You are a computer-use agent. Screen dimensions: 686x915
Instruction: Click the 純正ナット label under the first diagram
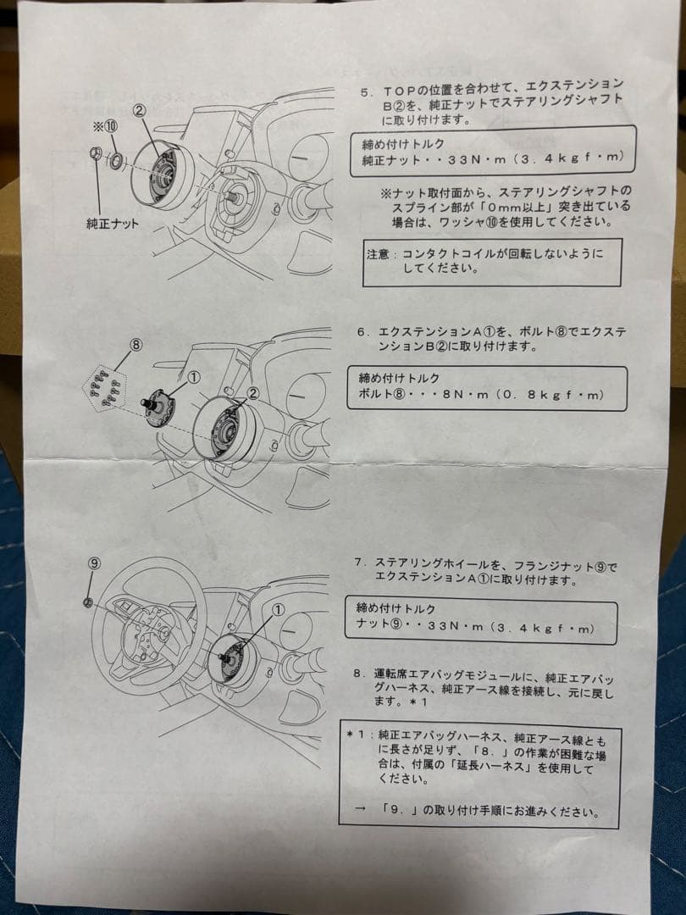[113, 224]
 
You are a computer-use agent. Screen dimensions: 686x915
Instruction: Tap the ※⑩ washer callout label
[106, 126]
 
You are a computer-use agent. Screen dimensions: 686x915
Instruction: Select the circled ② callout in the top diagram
[139, 109]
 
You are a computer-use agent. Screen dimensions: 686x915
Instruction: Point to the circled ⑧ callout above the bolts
[136, 345]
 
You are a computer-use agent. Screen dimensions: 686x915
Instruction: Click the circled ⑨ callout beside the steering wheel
[95, 563]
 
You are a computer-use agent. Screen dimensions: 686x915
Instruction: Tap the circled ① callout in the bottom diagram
[279, 609]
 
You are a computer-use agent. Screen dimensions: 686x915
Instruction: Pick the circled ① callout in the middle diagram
[194, 378]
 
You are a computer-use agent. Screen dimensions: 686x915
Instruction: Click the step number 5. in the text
[366, 93]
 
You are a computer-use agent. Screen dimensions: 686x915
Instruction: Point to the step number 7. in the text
[361, 563]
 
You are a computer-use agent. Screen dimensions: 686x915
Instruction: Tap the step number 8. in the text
[359, 674]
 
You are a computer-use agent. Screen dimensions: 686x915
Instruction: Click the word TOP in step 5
[398, 91]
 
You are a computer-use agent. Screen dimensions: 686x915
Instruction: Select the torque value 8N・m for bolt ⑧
[466, 395]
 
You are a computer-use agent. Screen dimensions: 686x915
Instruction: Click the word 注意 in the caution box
[378, 254]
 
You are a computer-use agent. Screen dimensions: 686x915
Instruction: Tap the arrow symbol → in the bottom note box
[361, 810]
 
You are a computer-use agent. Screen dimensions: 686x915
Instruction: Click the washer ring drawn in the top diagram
[115, 160]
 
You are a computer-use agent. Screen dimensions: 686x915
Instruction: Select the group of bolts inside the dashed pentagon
[106, 387]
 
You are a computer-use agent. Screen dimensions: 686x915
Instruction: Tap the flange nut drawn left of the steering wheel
[88, 602]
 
